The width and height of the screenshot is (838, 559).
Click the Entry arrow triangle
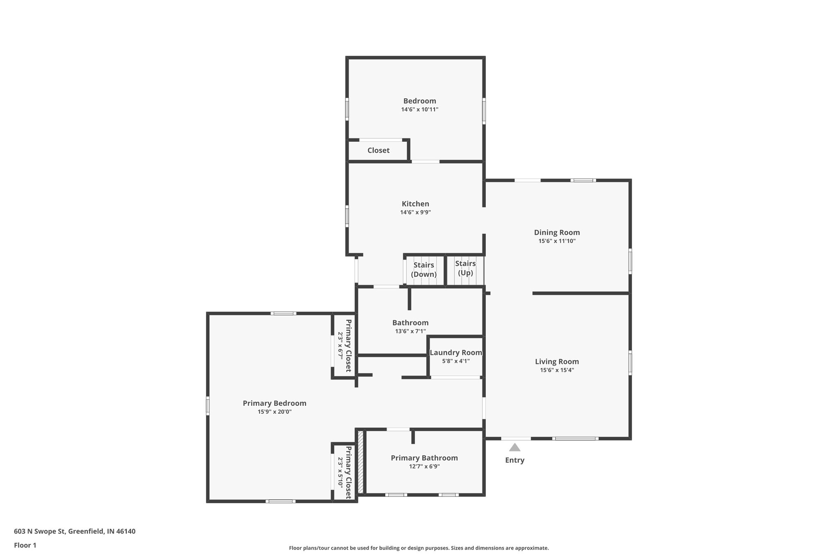(x=514, y=447)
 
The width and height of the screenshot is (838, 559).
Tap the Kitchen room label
(x=415, y=204)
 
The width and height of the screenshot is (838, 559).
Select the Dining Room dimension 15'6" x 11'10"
(x=557, y=241)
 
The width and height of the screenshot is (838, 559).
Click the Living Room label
(x=557, y=362)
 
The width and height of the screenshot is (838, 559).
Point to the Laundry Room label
(x=456, y=353)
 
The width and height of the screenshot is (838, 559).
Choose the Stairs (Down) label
(x=424, y=269)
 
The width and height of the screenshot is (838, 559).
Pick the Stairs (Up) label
(x=465, y=268)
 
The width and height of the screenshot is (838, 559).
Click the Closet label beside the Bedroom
(x=378, y=150)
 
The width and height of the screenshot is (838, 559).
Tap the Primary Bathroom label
(x=424, y=458)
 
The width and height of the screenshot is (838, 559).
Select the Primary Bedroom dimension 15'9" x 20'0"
(x=275, y=412)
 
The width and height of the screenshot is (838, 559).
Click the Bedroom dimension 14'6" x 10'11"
(x=420, y=110)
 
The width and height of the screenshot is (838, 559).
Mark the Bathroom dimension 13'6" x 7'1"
(x=410, y=331)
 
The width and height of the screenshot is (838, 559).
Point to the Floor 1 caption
(x=25, y=545)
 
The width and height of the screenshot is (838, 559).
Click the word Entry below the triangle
(x=514, y=460)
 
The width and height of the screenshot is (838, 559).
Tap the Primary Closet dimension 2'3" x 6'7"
(x=340, y=346)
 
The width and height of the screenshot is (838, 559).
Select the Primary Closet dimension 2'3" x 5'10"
(x=340, y=472)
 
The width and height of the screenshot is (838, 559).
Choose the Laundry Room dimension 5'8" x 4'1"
(x=456, y=361)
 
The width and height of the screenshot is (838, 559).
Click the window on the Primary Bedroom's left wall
(x=207, y=406)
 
